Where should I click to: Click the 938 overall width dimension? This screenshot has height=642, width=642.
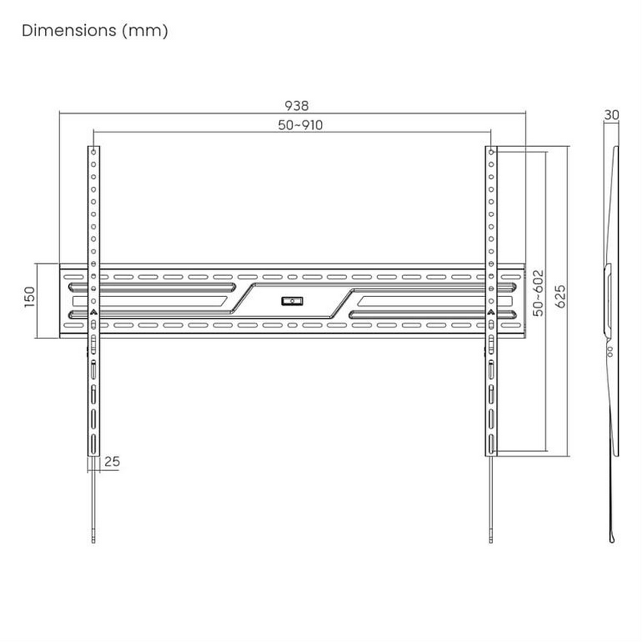coord(297,105)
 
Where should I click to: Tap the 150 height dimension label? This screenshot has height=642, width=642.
coord(30,297)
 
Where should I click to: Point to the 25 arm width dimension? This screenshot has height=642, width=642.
coord(112,461)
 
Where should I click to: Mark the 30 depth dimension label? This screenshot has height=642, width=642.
coord(612,115)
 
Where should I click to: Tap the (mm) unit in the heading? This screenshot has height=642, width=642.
coord(147,31)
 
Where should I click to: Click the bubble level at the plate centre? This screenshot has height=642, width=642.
coord(291,302)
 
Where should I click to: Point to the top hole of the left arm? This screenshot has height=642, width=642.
coord(94,151)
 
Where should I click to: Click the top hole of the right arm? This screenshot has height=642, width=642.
coord(490,151)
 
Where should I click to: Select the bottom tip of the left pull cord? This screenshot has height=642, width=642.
coord(94,539)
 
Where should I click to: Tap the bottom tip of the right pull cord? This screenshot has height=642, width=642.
coord(490,539)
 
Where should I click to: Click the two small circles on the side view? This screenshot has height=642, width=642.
coord(608,351)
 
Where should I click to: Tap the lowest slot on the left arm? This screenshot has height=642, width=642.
coord(94,444)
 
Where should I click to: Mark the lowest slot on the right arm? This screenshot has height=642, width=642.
coord(490,444)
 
